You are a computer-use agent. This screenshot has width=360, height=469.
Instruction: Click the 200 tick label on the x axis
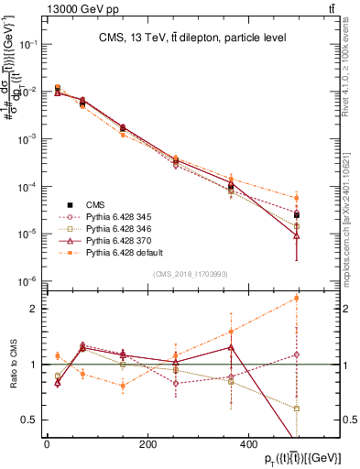[147, 445]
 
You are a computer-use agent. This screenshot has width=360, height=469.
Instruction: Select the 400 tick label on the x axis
[248, 445]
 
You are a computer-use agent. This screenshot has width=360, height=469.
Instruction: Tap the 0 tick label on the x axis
[47, 445]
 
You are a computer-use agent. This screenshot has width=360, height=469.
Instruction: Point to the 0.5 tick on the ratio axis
[29, 420]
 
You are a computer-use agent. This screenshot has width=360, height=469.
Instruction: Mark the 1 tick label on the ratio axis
[33, 365]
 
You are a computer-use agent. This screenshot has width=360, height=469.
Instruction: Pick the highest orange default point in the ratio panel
[295, 298]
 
